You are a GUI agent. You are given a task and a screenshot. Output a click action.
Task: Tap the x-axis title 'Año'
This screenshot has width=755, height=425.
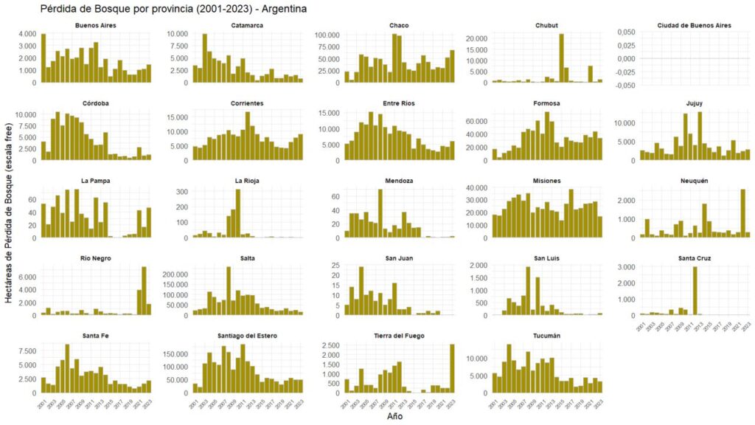(x=396, y=417)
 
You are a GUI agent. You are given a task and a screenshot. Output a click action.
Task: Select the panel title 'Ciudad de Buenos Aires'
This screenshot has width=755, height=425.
(x=694, y=26)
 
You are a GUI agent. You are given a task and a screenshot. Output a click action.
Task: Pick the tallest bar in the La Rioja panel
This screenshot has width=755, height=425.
(x=238, y=214)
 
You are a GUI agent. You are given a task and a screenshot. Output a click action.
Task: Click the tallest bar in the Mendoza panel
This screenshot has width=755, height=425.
(x=380, y=214)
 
